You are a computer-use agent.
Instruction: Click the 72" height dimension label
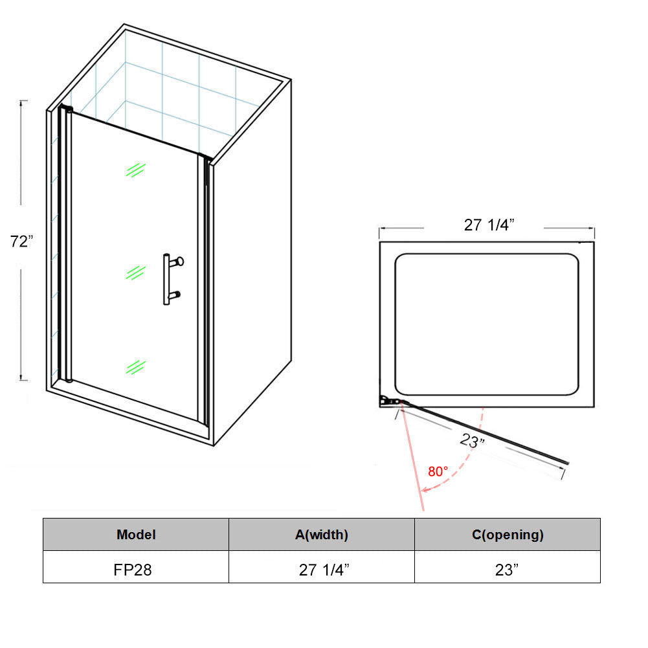[22, 241]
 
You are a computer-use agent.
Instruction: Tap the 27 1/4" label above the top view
[489, 225]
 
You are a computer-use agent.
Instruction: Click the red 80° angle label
[438, 471]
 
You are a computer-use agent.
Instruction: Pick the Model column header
[136, 535]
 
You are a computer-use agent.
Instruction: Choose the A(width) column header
[322, 535]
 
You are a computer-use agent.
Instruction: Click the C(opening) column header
[508, 535]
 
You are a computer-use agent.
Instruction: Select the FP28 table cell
[136, 570]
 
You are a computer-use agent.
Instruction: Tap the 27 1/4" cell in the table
[322, 570]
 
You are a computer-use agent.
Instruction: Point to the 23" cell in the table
[508, 570]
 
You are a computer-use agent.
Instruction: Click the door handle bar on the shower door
[166, 280]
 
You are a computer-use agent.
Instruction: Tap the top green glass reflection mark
[136, 170]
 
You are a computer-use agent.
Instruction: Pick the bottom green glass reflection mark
[136, 367]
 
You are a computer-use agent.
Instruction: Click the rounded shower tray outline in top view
[487, 324]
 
